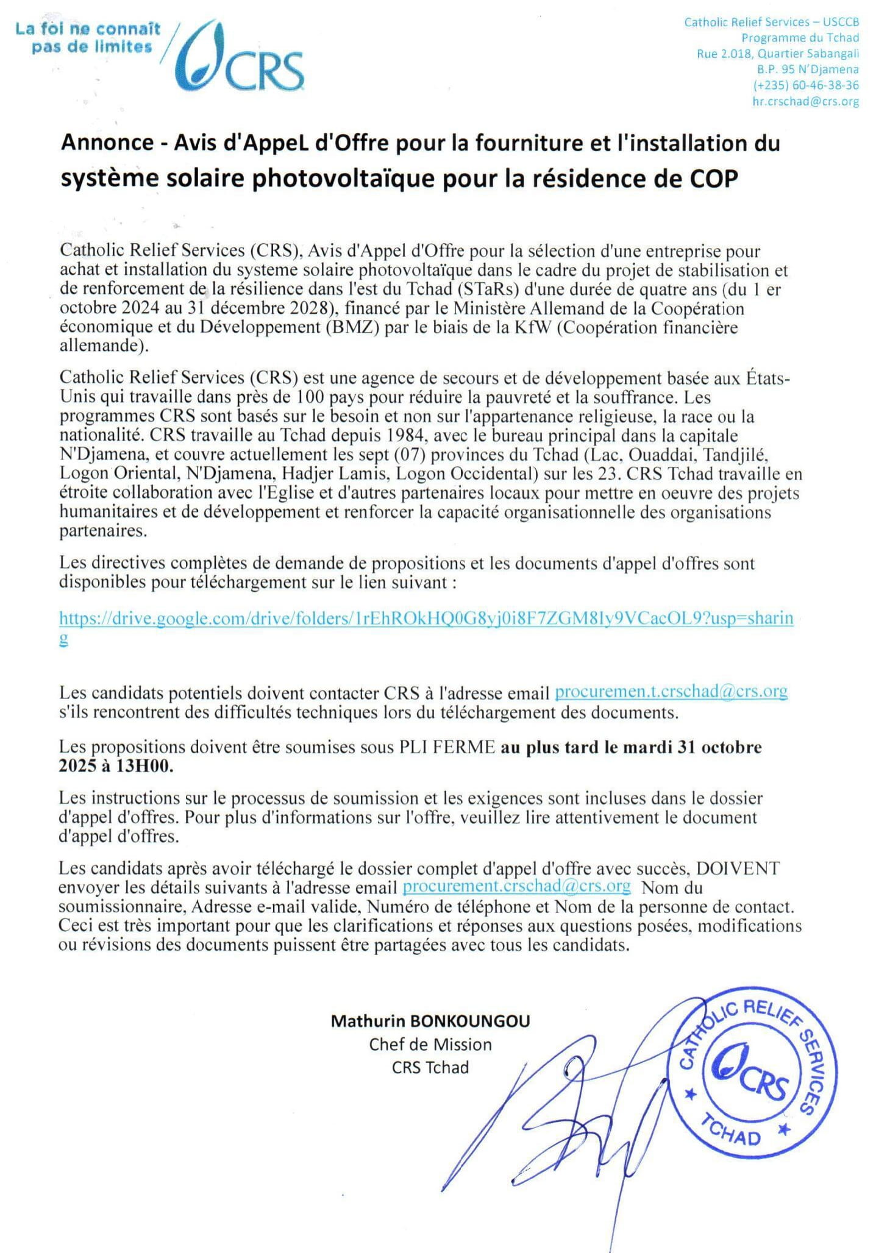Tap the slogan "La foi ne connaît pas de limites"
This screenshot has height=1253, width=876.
[x=88, y=38]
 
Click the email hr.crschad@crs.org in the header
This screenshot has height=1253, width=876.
[x=805, y=101]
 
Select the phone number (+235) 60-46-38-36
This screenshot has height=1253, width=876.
[x=806, y=85]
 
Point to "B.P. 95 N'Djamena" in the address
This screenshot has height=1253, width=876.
[x=808, y=69]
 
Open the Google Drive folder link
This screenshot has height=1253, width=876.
[x=426, y=618]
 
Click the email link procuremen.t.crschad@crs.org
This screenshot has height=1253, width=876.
[x=671, y=692]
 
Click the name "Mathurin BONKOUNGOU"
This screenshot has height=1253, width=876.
[x=430, y=1021]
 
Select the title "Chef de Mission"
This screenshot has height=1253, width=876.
[x=430, y=1045]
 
